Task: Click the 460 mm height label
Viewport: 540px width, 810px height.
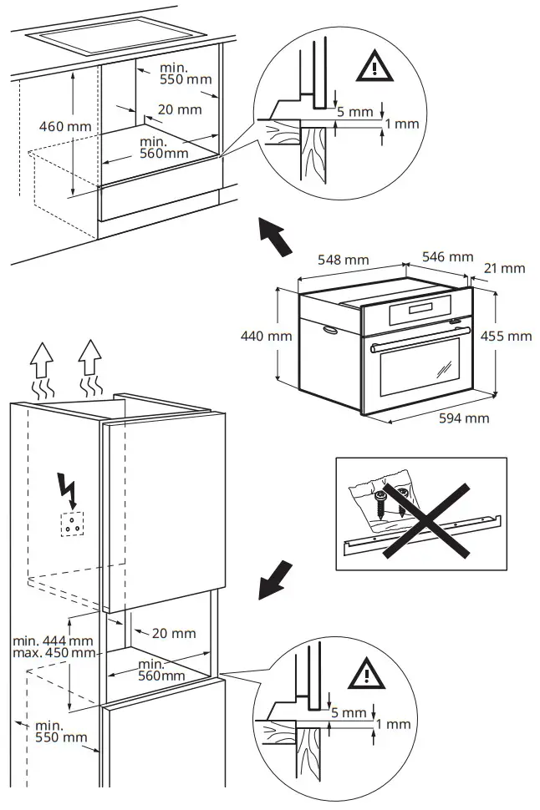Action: [x=65, y=126]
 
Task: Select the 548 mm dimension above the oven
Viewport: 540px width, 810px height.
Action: [x=343, y=260]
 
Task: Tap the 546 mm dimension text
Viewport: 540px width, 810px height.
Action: [x=448, y=256]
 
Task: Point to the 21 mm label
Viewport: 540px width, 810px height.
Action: [x=504, y=268]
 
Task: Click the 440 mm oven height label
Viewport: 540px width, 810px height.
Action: [x=265, y=336]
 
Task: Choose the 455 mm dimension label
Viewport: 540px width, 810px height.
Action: [x=507, y=336]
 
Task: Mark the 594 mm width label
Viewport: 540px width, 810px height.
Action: [x=464, y=418]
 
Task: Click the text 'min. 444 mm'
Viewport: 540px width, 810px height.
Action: [x=53, y=640]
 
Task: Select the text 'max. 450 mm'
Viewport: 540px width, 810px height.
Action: [x=53, y=651]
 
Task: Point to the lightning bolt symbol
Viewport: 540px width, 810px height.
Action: [x=69, y=489]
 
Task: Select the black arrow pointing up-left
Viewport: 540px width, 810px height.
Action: [x=274, y=236]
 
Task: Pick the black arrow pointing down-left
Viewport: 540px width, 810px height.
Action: [x=276, y=580]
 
